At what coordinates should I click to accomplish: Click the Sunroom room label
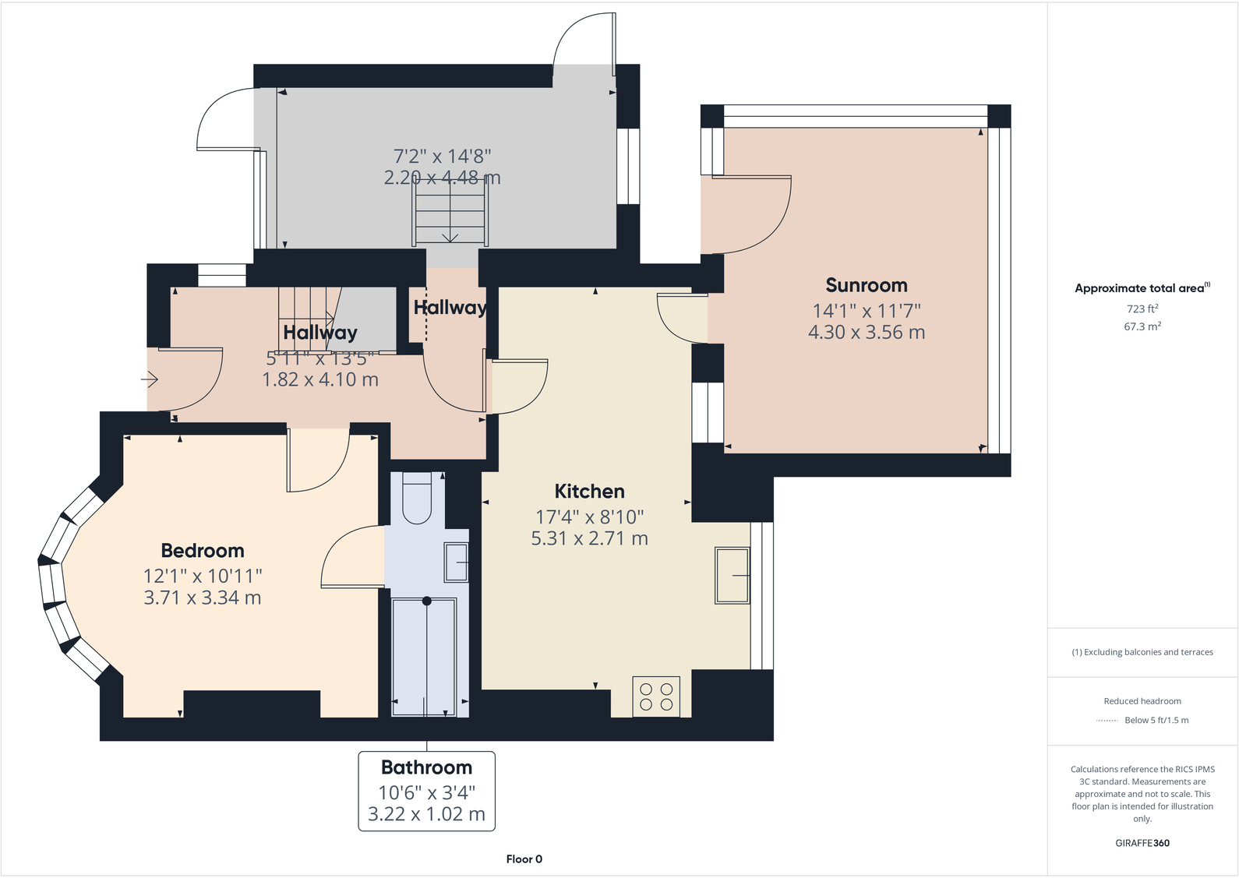[866, 285]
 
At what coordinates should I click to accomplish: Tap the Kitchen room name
[589, 492]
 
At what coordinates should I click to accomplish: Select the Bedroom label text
[202, 551]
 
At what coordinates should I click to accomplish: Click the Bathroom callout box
[426, 791]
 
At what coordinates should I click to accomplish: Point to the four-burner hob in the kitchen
[656, 696]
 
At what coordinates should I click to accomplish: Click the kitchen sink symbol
[732, 576]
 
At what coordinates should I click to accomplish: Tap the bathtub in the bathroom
[424, 657]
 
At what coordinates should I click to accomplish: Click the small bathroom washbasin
[456, 562]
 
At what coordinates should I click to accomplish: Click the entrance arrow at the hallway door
[150, 379]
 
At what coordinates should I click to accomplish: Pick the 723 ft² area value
[1142, 309]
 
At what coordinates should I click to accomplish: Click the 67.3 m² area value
[1142, 327]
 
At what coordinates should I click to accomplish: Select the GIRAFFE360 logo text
[1142, 843]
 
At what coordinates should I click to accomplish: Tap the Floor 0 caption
[524, 859]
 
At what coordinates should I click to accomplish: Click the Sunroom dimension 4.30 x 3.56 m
[866, 333]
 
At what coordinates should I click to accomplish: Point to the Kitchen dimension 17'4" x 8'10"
[589, 517]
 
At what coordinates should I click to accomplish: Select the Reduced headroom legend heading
[1142, 701]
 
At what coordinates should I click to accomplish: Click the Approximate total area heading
[1139, 288]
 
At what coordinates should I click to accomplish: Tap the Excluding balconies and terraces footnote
[1142, 652]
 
